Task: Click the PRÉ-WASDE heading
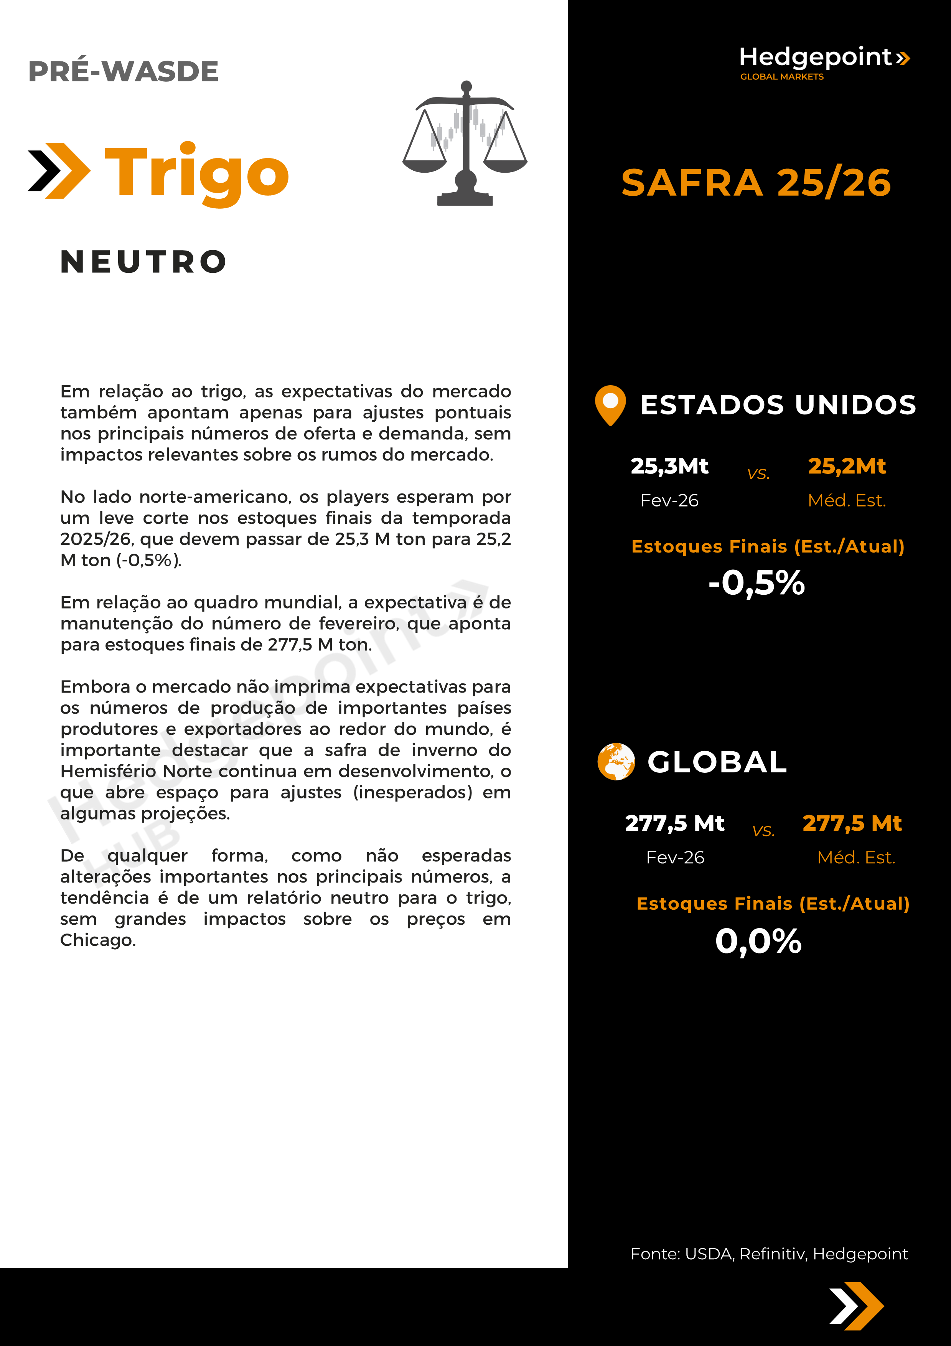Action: click(123, 71)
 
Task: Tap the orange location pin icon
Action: click(610, 404)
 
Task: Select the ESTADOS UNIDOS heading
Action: click(778, 404)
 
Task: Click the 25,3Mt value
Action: click(669, 466)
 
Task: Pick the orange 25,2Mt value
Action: click(847, 466)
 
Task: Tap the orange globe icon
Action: click(616, 762)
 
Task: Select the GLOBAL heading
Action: click(717, 762)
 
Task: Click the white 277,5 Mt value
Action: click(674, 823)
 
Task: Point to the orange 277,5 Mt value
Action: click(852, 823)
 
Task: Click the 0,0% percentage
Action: click(758, 941)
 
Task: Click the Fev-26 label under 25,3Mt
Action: click(669, 501)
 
